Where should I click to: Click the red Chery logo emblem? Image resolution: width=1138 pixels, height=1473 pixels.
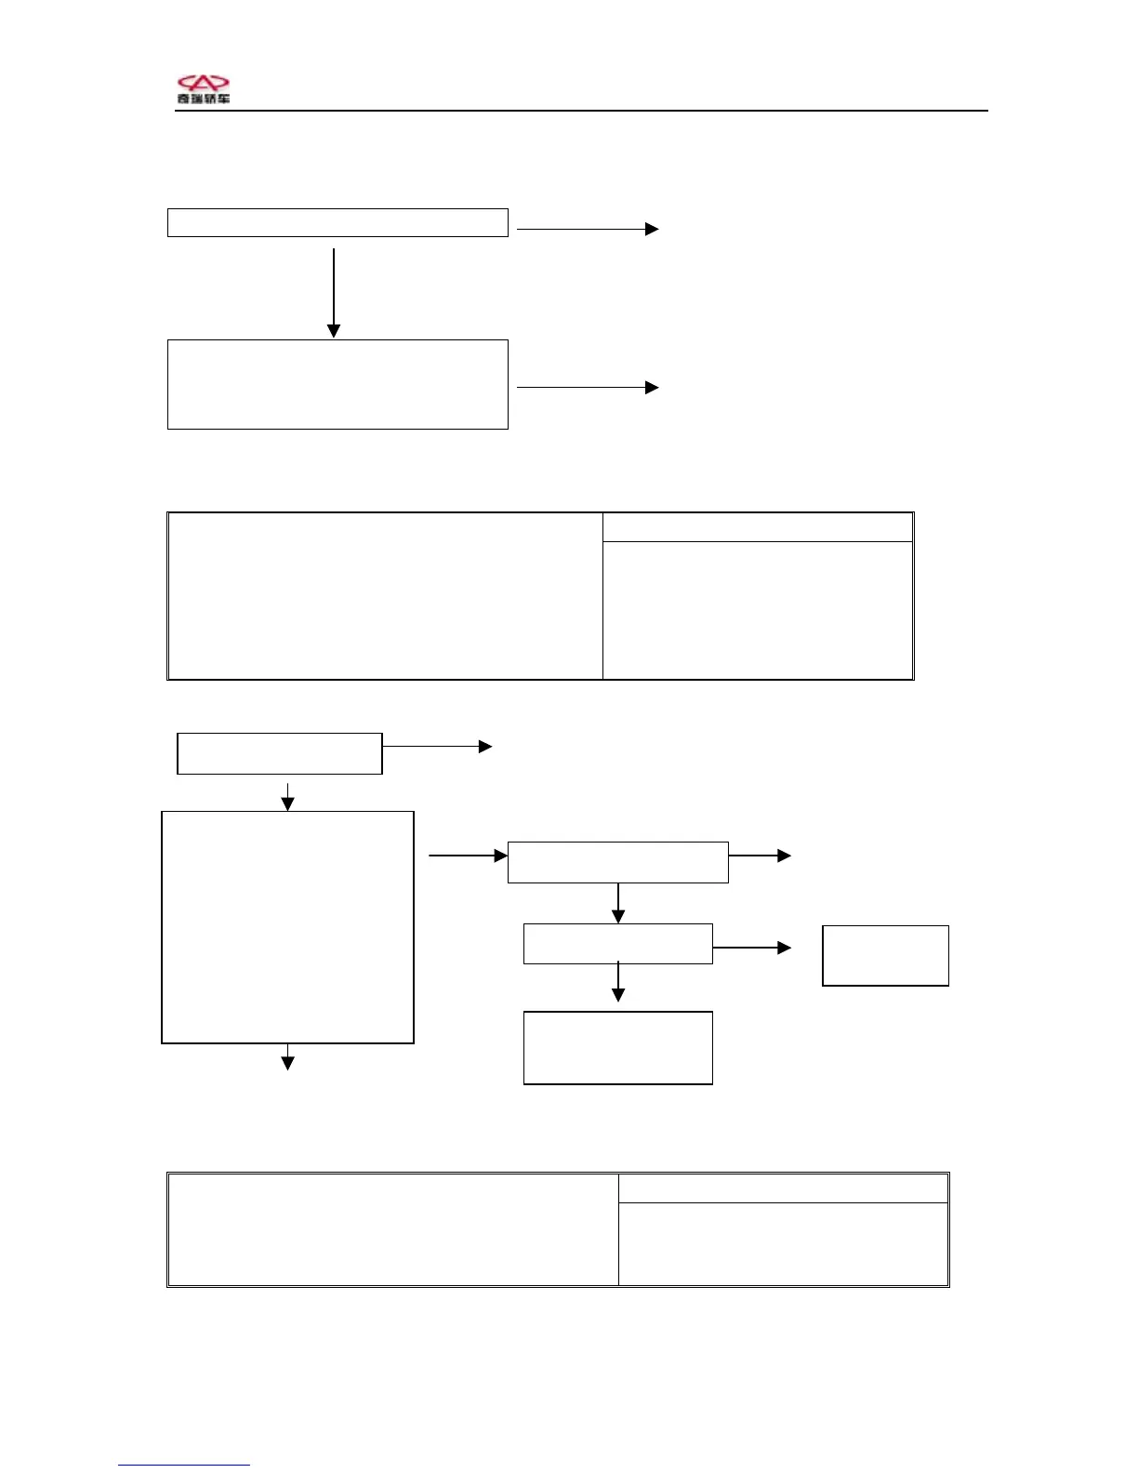point(203,84)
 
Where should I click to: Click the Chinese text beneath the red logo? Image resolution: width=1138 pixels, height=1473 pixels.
point(204,99)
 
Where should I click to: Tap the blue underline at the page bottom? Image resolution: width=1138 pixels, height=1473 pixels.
point(183,1466)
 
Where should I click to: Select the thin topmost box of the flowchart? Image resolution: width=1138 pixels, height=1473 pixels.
point(337,223)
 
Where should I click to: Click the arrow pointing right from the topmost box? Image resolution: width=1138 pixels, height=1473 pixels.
point(588,229)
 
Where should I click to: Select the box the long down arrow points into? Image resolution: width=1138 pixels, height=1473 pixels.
point(337,384)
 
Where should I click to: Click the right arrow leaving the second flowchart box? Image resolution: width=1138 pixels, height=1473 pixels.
point(588,387)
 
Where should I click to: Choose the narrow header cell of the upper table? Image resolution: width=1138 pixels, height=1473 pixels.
point(758,527)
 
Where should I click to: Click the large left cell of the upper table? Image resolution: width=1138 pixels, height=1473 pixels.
point(385,596)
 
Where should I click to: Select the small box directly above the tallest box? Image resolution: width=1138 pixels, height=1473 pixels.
point(280,753)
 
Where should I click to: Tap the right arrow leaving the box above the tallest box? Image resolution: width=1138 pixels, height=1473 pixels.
point(438,746)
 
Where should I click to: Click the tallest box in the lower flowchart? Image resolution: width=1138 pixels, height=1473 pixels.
point(287,927)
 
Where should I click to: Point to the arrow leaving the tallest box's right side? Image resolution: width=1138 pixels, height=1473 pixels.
point(468,856)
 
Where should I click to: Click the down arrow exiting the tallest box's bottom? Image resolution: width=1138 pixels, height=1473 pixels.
point(288,1057)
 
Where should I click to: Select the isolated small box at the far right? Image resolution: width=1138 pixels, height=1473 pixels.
point(885,955)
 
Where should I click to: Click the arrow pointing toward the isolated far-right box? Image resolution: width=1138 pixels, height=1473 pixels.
point(752,948)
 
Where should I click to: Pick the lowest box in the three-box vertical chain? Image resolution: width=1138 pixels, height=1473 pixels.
point(618,1048)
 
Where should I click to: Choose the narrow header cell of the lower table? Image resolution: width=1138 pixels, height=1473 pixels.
point(783,1188)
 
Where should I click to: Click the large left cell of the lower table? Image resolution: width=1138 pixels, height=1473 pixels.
point(392,1229)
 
